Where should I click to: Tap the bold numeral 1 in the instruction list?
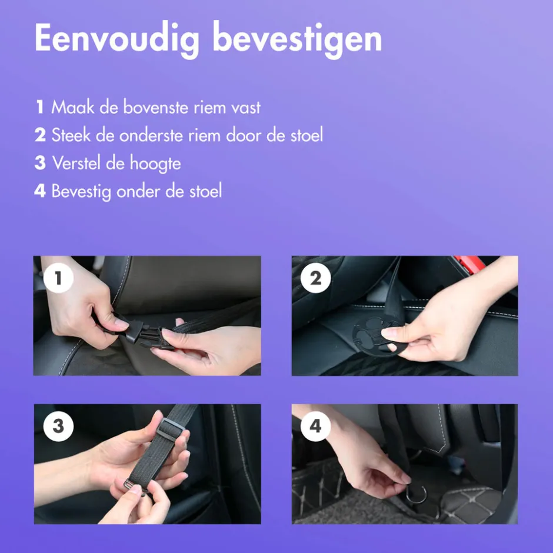click(40, 107)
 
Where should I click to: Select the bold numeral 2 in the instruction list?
click(40, 135)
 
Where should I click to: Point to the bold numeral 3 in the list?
click(40, 163)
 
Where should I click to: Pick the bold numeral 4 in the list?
click(40, 191)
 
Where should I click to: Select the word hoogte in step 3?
click(155, 164)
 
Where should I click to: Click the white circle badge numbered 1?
click(58, 278)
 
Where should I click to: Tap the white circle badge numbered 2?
click(316, 278)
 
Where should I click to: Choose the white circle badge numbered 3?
click(58, 426)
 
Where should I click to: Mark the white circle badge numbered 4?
click(316, 426)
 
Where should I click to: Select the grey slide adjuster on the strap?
click(171, 428)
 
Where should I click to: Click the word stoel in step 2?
click(307, 135)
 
